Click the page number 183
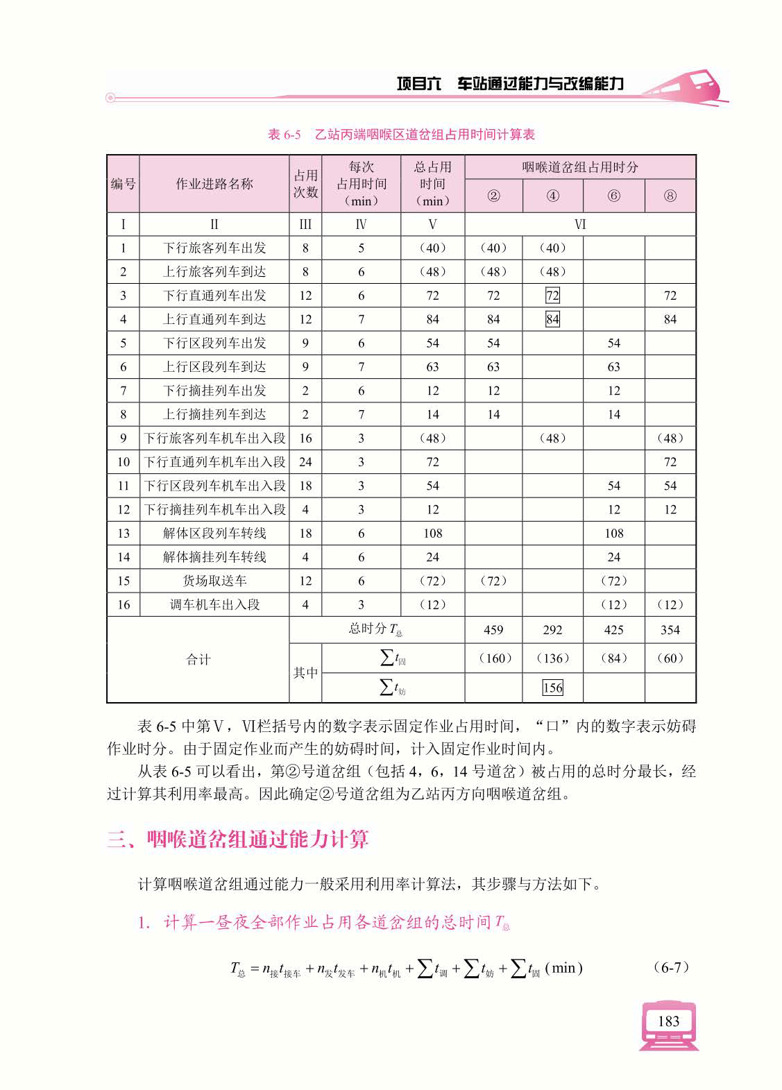click(x=668, y=1021)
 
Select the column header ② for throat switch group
click(x=493, y=196)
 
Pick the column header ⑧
click(x=670, y=196)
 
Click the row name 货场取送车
click(x=214, y=581)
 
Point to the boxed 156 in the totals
click(x=552, y=688)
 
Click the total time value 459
click(x=493, y=630)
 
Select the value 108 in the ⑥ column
click(x=613, y=533)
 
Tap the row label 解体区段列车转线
click(x=214, y=533)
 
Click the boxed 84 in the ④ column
click(x=552, y=319)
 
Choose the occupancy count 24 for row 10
click(x=305, y=461)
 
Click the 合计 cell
click(x=198, y=659)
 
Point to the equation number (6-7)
click(x=671, y=966)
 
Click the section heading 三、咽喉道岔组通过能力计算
click(x=238, y=840)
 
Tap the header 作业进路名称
click(x=214, y=184)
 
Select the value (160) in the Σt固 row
click(x=493, y=658)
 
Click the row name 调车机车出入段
click(x=214, y=604)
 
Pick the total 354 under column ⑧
click(x=670, y=630)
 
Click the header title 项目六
click(x=419, y=84)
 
